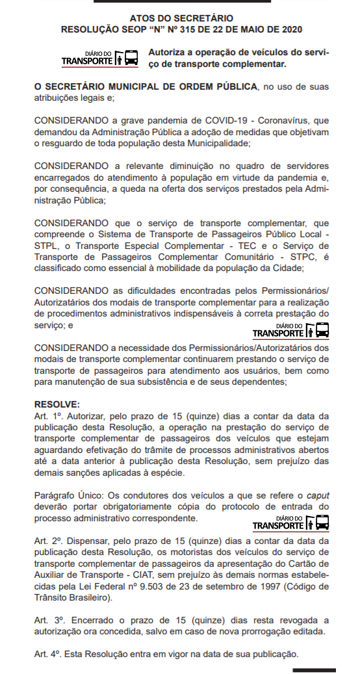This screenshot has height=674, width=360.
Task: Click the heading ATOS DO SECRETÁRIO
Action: tap(181, 18)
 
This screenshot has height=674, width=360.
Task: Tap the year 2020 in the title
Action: tap(289, 29)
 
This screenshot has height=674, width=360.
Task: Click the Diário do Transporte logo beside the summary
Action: tap(99, 58)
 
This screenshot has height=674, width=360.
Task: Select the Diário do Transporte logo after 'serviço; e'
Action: tap(290, 330)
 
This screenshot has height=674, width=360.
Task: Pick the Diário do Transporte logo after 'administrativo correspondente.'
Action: tap(290, 523)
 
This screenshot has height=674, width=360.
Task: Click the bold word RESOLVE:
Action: tap(57, 404)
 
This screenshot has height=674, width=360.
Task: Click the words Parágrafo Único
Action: tap(68, 495)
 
